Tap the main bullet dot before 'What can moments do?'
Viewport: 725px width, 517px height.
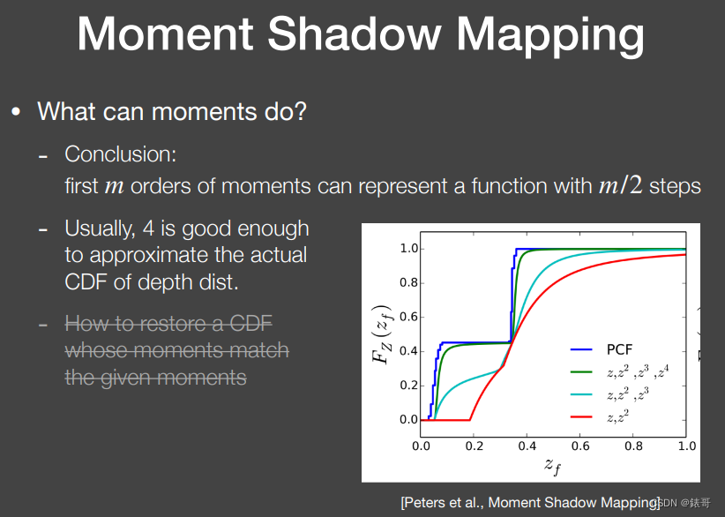[x=15, y=113]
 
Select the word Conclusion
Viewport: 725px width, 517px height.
[x=120, y=154]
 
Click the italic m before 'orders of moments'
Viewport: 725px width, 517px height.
[x=115, y=187]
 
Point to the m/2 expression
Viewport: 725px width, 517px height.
[x=620, y=186]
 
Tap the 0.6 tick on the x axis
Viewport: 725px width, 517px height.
[x=579, y=446]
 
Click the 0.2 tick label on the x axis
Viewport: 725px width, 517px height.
[x=474, y=446]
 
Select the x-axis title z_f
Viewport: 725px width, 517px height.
[x=553, y=465]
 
